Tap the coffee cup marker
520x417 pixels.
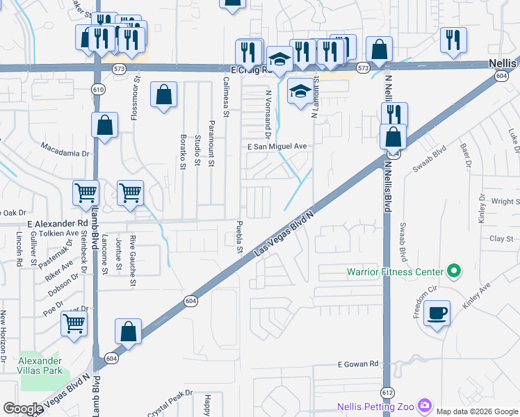click(437, 313)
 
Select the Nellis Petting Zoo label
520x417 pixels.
click(376, 406)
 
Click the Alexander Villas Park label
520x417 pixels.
click(40, 366)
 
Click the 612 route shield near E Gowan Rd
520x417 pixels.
click(388, 393)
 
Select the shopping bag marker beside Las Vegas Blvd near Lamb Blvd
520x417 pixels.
click(129, 331)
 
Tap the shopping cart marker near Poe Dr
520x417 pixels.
click(74, 322)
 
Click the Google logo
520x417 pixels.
click(22, 409)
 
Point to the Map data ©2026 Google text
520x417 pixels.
click(477, 411)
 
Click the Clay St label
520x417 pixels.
click(501, 238)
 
